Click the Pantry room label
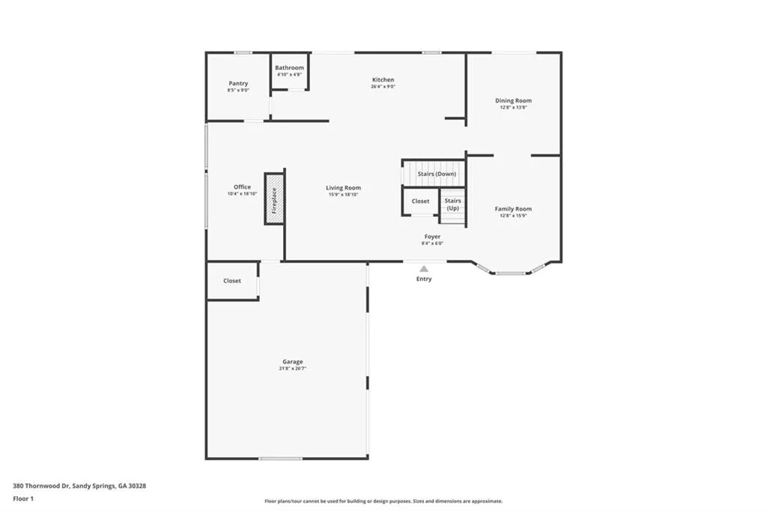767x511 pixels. click(238, 83)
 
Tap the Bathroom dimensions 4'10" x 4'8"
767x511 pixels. click(289, 75)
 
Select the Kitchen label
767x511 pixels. click(383, 79)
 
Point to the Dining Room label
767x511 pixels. click(513, 100)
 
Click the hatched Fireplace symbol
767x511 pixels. click(274, 199)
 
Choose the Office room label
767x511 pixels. click(242, 187)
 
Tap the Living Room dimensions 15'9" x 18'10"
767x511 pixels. click(343, 194)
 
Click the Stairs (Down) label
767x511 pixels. click(437, 174)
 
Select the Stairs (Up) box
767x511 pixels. click(452, 205)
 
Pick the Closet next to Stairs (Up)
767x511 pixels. click(420, 201)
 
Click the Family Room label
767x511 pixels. click(513, 209)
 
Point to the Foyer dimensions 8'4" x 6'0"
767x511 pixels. click(432, 244)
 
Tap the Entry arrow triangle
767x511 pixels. click(424, 268)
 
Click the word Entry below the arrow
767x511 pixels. click(424, 279)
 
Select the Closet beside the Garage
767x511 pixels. click(232, 281)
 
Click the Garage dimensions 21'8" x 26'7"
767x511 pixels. click(292, 369)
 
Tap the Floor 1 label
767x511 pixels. click(23, 498)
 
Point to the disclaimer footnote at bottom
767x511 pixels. click(383, 501)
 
